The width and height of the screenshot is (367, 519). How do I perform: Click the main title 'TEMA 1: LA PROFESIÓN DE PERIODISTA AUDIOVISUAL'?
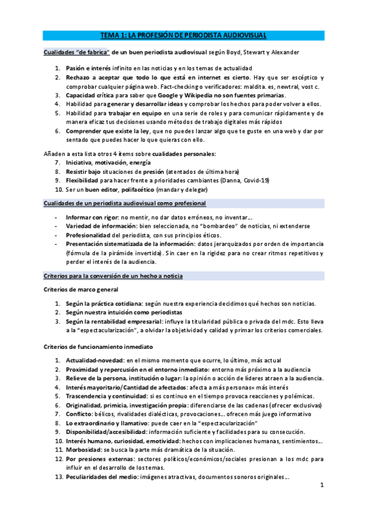point(183,37)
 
